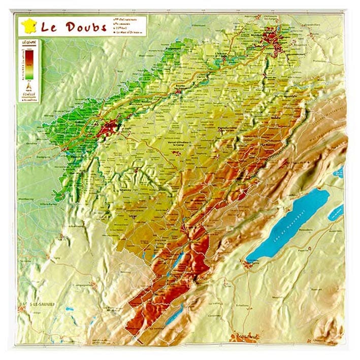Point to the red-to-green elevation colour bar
29,64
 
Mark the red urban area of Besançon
108,129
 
